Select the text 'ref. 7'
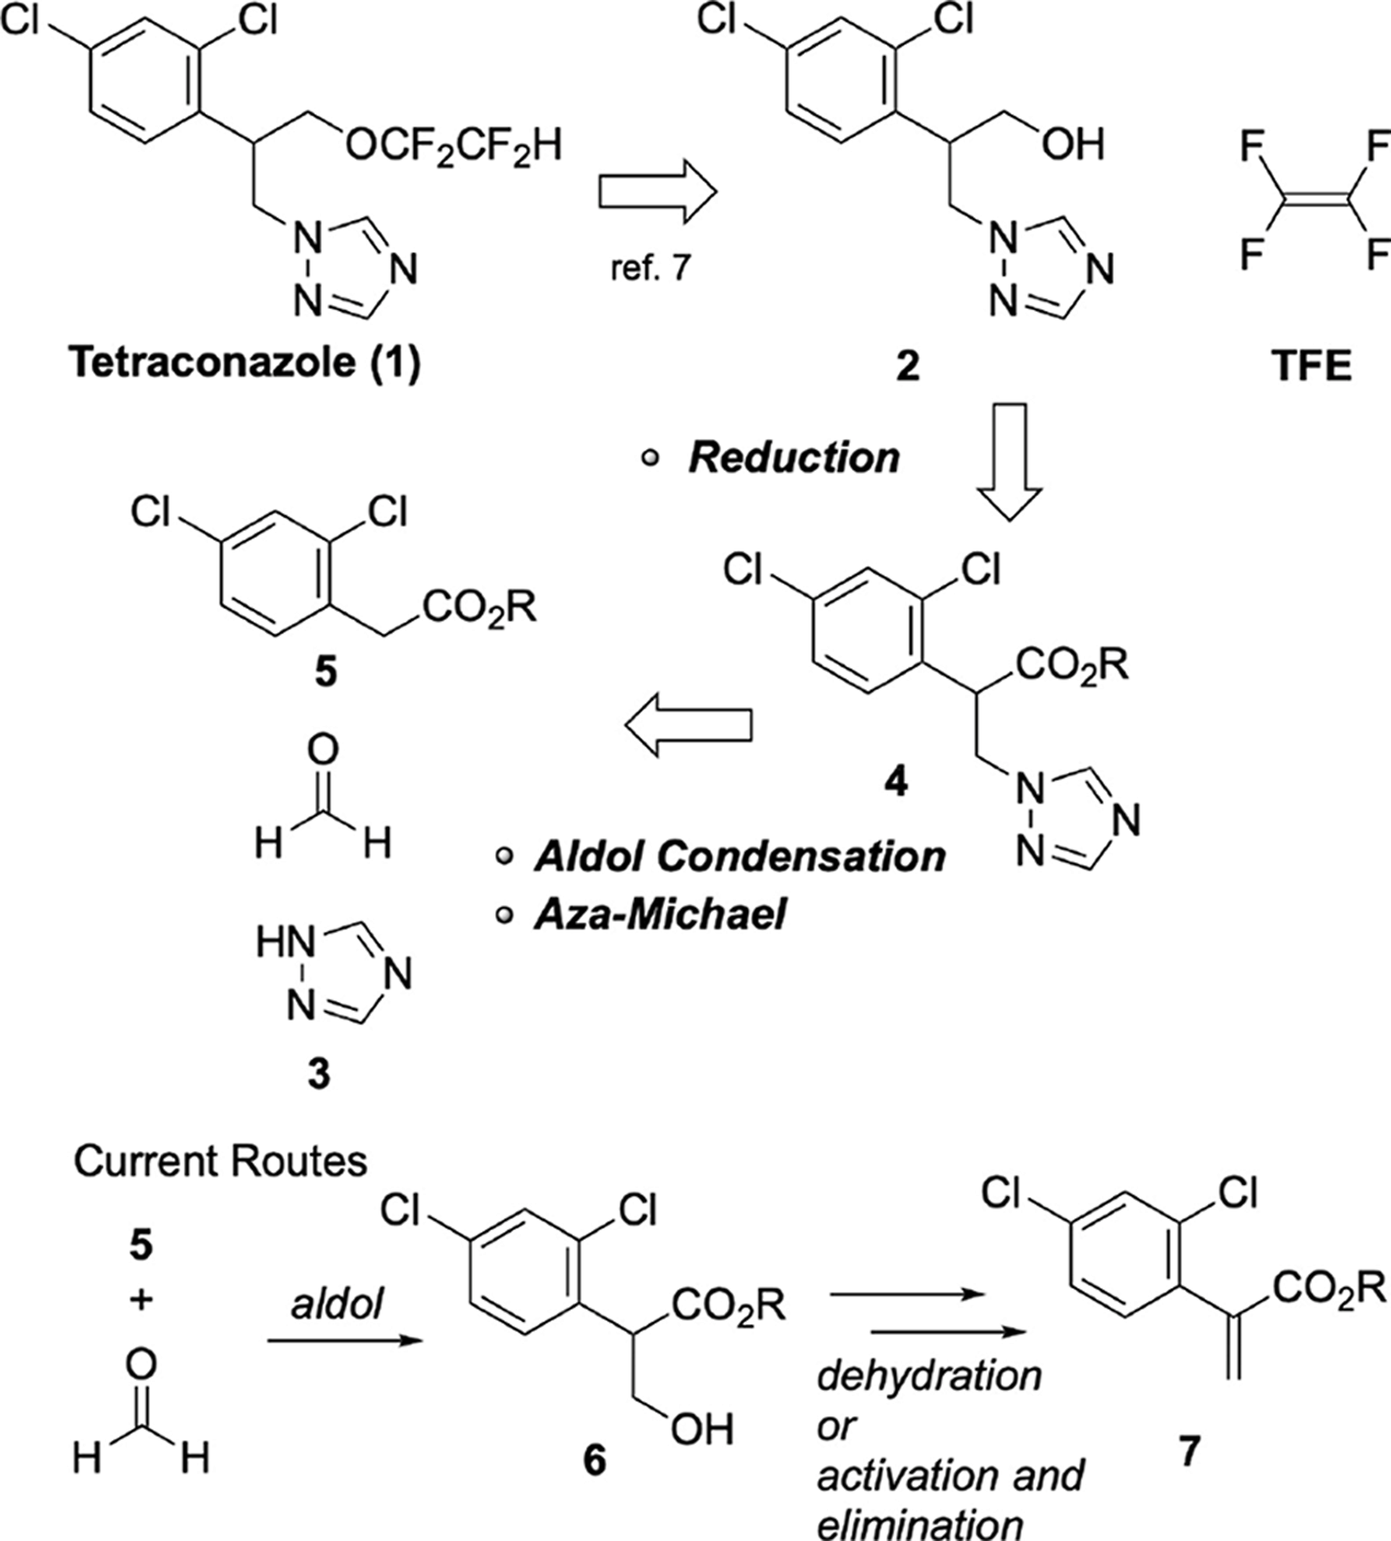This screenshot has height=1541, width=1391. [650, 269]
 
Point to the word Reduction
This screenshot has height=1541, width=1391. [794, 458]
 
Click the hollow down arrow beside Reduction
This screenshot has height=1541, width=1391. [1010, 462]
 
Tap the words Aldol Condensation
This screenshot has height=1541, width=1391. [739, 856]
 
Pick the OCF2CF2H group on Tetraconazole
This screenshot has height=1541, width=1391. [453, 144]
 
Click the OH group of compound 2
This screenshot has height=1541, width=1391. [1074, 144]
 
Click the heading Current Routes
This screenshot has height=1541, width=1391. [220, 1161]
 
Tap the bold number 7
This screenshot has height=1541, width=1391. [1188, 1451]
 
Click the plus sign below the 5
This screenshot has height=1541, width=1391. [140, 1299]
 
